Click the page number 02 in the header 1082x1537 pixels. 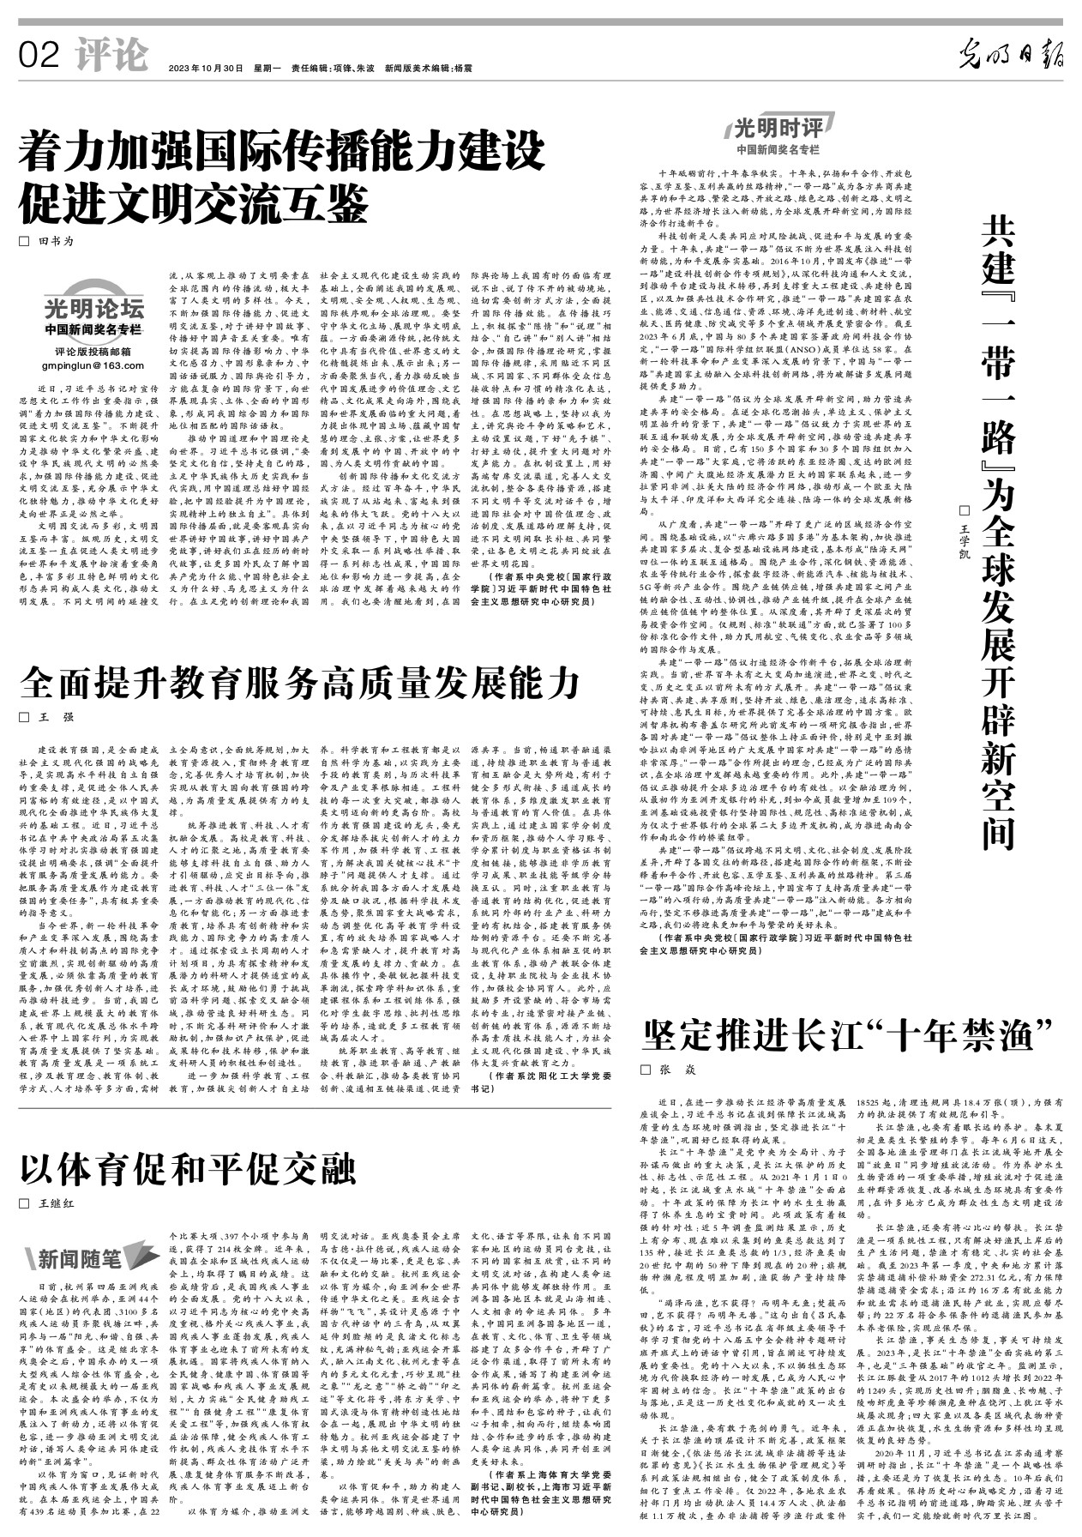coord(39,57)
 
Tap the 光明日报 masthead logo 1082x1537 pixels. coord(1011,57)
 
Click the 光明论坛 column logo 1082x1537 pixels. coord(93,308)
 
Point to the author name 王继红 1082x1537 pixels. coord(57,1203)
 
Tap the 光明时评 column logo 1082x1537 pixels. coord(777,129)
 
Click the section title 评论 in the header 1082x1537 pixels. coord(111,57)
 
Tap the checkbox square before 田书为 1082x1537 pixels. coord(24,241)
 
